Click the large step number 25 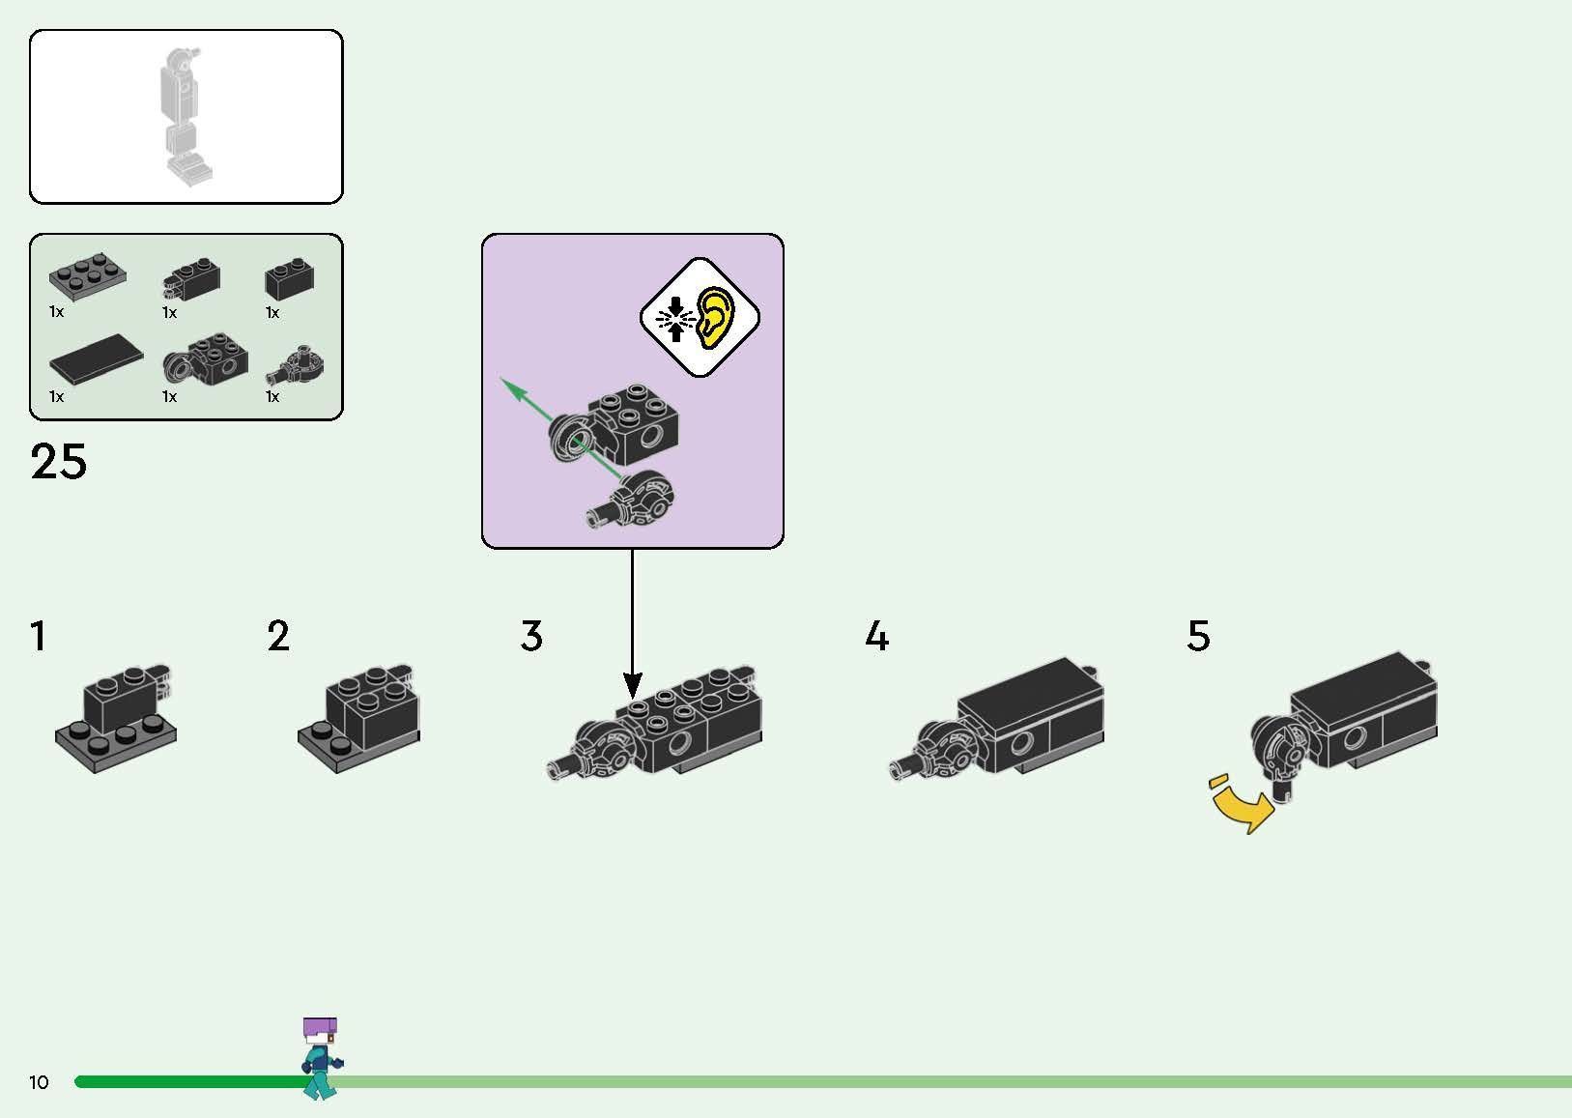(59, 462)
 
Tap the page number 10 (39, 1082)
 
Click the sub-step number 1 (38, 637)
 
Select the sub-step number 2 (278, 637)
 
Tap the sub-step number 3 (531, 637)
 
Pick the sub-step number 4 (876, 637)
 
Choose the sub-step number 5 (1198, 637)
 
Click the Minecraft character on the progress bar (321, 1057)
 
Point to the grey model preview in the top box (186, 116)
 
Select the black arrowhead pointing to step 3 (632, 687)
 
